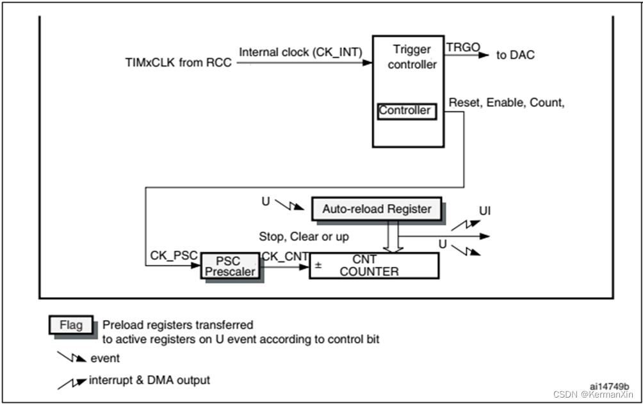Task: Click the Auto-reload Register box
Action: pos(377,209)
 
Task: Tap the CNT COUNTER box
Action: pos(374,265)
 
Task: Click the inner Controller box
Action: pos(405,111)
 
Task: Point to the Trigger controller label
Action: pos(412,57)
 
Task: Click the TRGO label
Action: pos(460,47)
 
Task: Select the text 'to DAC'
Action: pos(516,55)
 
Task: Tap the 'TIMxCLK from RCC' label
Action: pos(179,63)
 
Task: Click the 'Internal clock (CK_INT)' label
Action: pos(300,51)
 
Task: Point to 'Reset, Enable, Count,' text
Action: pos(507,102)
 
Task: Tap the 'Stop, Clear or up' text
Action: pos(304,236)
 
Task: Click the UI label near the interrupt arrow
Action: pos(485,210)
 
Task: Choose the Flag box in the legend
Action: pos(71,325)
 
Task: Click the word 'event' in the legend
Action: pos(105,358)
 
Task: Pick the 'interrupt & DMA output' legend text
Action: pos(149,380)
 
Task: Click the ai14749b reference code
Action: pos(608,386)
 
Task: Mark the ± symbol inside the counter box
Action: pos(318,264)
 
